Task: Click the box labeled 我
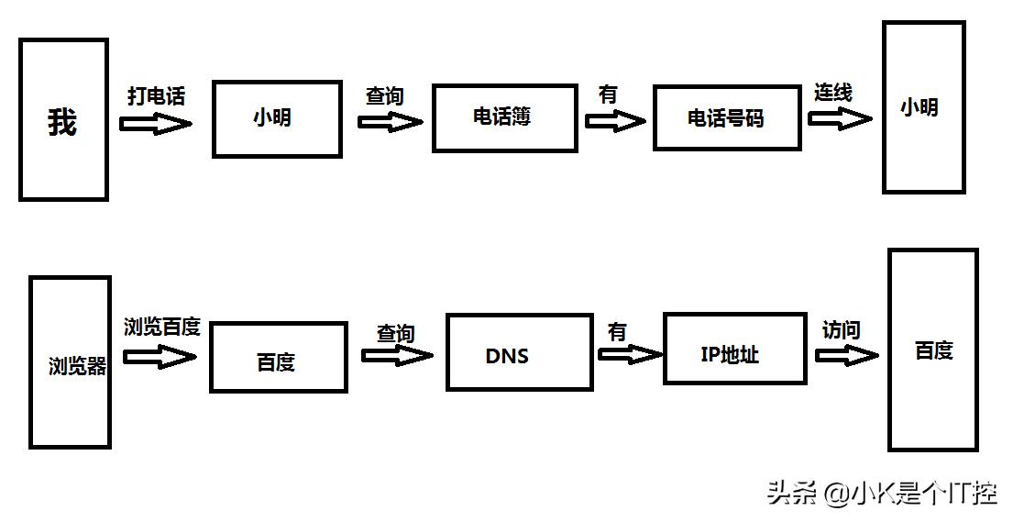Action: (x=63, y=119)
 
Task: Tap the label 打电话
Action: (x=156, y=96)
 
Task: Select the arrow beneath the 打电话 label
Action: (x=156, y=124)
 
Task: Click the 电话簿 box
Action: (x=505, y=117)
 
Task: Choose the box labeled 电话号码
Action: (x=726, y=117)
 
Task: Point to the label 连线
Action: (x=833, y=93)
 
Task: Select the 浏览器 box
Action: (x=71, y=362)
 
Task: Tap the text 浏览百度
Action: (x=162, y=328)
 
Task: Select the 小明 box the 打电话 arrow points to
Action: (x=277, y=118)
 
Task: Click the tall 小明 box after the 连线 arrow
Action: (x=923, y=107)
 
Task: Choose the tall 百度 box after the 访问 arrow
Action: (x=933, y=350)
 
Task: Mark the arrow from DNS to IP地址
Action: (x=630, y=353)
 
